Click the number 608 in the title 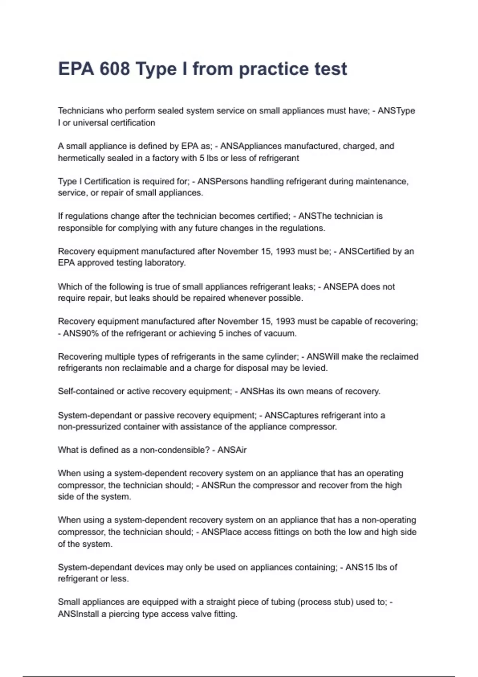click(x=115, y=69)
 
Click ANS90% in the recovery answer click(x=80, y=333)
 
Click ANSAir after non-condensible click(x=232, y=450)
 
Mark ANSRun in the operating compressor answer click(x=218, y=485)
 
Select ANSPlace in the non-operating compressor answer click(x=221, y=532)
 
